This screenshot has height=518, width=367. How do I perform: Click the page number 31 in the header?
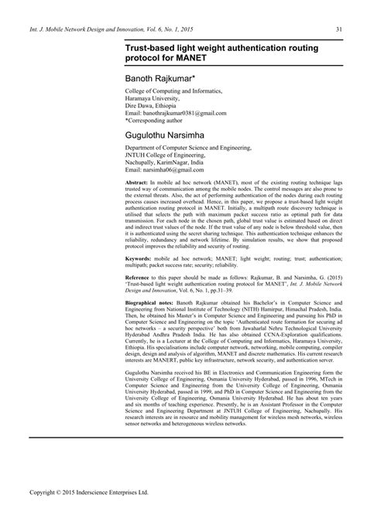pos(338,30)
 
